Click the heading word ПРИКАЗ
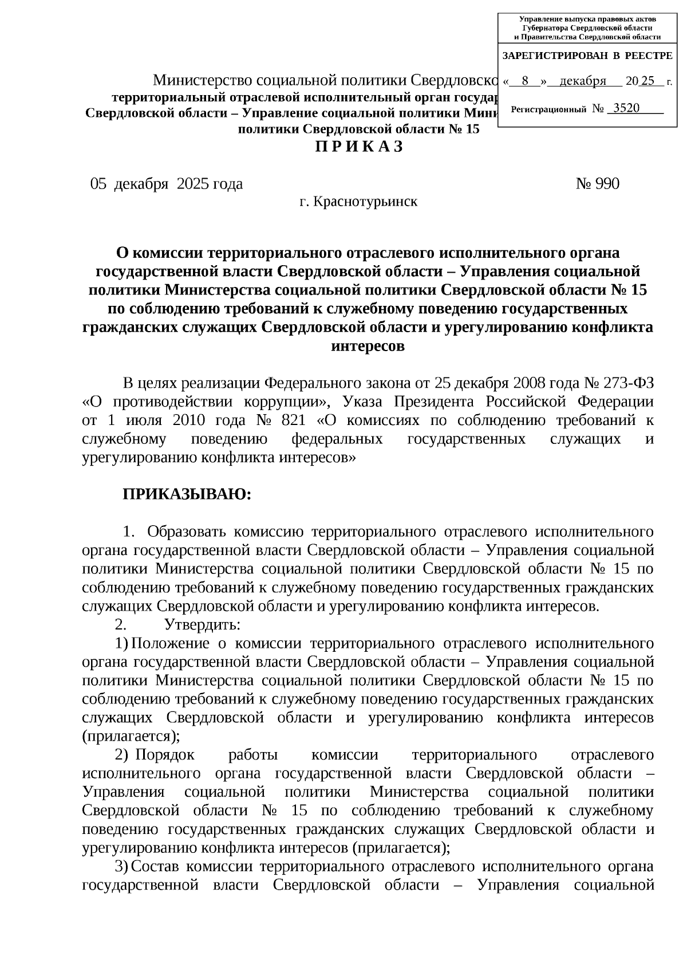[x=359, y=147]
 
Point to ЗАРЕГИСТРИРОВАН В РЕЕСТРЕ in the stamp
[x=587, y=56]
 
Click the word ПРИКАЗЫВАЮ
[x=187, y=494]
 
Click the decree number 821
[x=293, y=420]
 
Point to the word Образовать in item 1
[x=187, y=531]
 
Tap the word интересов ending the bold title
[x=368, y=346]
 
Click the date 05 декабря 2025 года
[x=167, y=184]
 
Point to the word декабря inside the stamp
[x=582, y=81]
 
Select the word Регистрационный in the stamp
[x=548, y=109]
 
